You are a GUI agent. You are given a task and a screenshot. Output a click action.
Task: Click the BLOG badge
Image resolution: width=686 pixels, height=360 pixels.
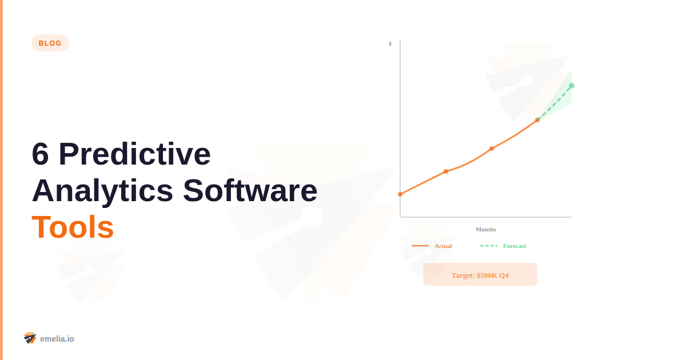pyautogui.click(x=50, y=43)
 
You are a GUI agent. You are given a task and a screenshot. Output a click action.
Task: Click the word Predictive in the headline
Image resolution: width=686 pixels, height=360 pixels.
pyautogui.click(x=134, y=154)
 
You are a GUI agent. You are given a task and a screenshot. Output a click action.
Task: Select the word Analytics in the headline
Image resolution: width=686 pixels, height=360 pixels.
pyautogui.click(x=102, y=191)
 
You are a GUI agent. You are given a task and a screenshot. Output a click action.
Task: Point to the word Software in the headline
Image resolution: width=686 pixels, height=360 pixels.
pyautogui.click(x=250, y=191)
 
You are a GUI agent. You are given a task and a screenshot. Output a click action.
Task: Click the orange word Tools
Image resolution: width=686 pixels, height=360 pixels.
pyautogui.click(x=73, y=227)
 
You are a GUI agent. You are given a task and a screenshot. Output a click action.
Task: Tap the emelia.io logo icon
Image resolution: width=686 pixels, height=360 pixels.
pyautogui.click(x=30, y=338)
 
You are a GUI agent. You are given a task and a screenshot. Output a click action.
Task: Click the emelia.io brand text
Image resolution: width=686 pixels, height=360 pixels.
pyautogui.click(x=57, y=339)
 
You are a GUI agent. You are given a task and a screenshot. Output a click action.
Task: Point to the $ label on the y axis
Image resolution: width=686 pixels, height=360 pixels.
pyautogui.click(x=390, y=43)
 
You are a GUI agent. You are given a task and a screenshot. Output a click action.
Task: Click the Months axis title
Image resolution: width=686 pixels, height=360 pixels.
pyautogui.click(x=486, y=229)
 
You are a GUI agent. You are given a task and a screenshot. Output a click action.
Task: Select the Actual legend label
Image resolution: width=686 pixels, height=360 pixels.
pyautogui.click(x=443, y=246)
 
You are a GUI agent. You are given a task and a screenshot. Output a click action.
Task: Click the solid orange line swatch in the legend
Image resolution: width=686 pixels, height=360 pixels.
pyautogui.click(x=420, y=246)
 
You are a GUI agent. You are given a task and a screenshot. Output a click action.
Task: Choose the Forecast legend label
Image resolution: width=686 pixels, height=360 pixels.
pyautogui.click(x=514, y=246)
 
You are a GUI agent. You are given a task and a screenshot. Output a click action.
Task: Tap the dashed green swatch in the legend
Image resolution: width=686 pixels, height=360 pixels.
pyautogui.click(x=489, y=246)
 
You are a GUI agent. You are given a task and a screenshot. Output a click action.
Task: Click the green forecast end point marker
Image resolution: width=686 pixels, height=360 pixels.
pyautogui.click(x=572, y=86)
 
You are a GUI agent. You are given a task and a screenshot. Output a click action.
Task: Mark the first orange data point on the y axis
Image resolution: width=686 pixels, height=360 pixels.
pyautogui.click(x=400, y=194)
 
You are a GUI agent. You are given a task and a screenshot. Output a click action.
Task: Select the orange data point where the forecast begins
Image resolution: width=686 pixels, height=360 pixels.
pyautogui.click(x=537, y=120)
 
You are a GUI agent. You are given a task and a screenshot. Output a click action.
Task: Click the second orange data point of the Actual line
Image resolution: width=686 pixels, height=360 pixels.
pyautogui.click(x=446, y=171)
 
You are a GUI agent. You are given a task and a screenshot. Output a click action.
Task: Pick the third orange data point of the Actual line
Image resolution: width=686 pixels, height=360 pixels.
pyautogui.click(x=492, y=149)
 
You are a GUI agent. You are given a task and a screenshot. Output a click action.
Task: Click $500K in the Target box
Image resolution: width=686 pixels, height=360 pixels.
pyautogui.click(x=487, y=275)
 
